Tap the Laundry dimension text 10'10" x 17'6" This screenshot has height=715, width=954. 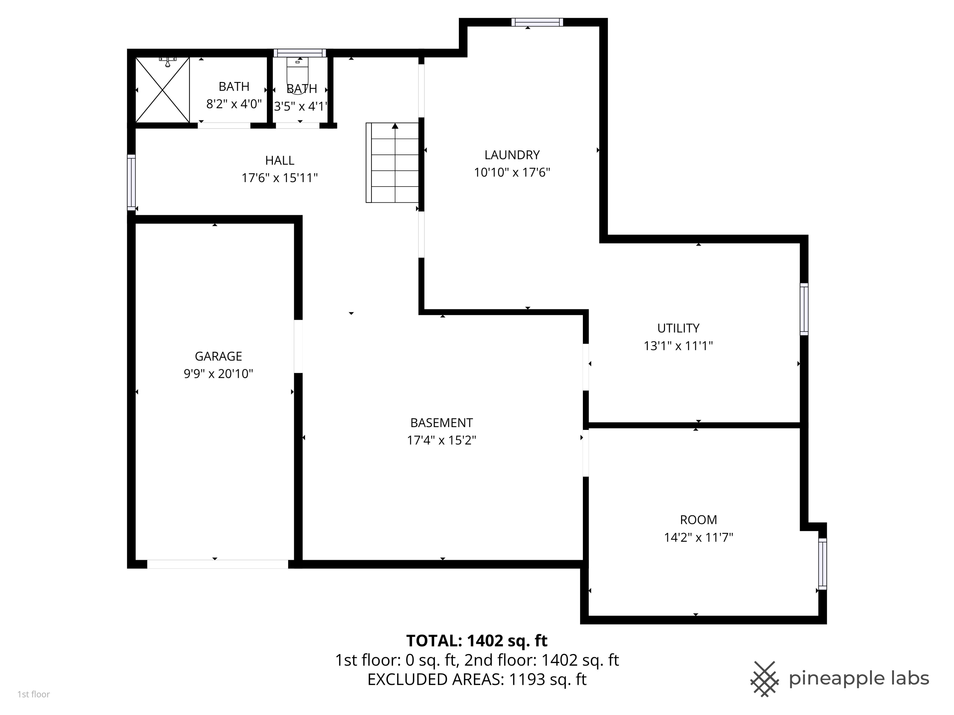(x=512, y=172)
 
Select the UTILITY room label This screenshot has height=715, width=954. (x=678, y=328)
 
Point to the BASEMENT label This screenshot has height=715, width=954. (x=441, y=423)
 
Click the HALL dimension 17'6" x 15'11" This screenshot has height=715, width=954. (x=280, y=178)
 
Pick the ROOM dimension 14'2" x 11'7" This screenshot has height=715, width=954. (x=698, y=537)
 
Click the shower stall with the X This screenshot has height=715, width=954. (x=162, y=90)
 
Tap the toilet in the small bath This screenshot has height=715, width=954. (x=297, y=71)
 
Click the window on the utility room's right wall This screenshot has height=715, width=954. (x=804, y=309)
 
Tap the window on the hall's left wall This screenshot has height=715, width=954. (x=131, y=182)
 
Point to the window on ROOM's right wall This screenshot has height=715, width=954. (x=822, y=564)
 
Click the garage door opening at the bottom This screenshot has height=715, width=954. (x=218, y=564)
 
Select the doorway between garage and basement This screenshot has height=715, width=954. (x=298, y=346)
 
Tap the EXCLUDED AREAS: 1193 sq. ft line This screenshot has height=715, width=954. (x=477, y=679)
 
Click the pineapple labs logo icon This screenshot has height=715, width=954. (x=764, y=679)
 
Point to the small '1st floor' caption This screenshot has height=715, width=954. (x=34, y=694)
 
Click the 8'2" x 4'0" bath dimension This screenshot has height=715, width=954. (x=234, y=104)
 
